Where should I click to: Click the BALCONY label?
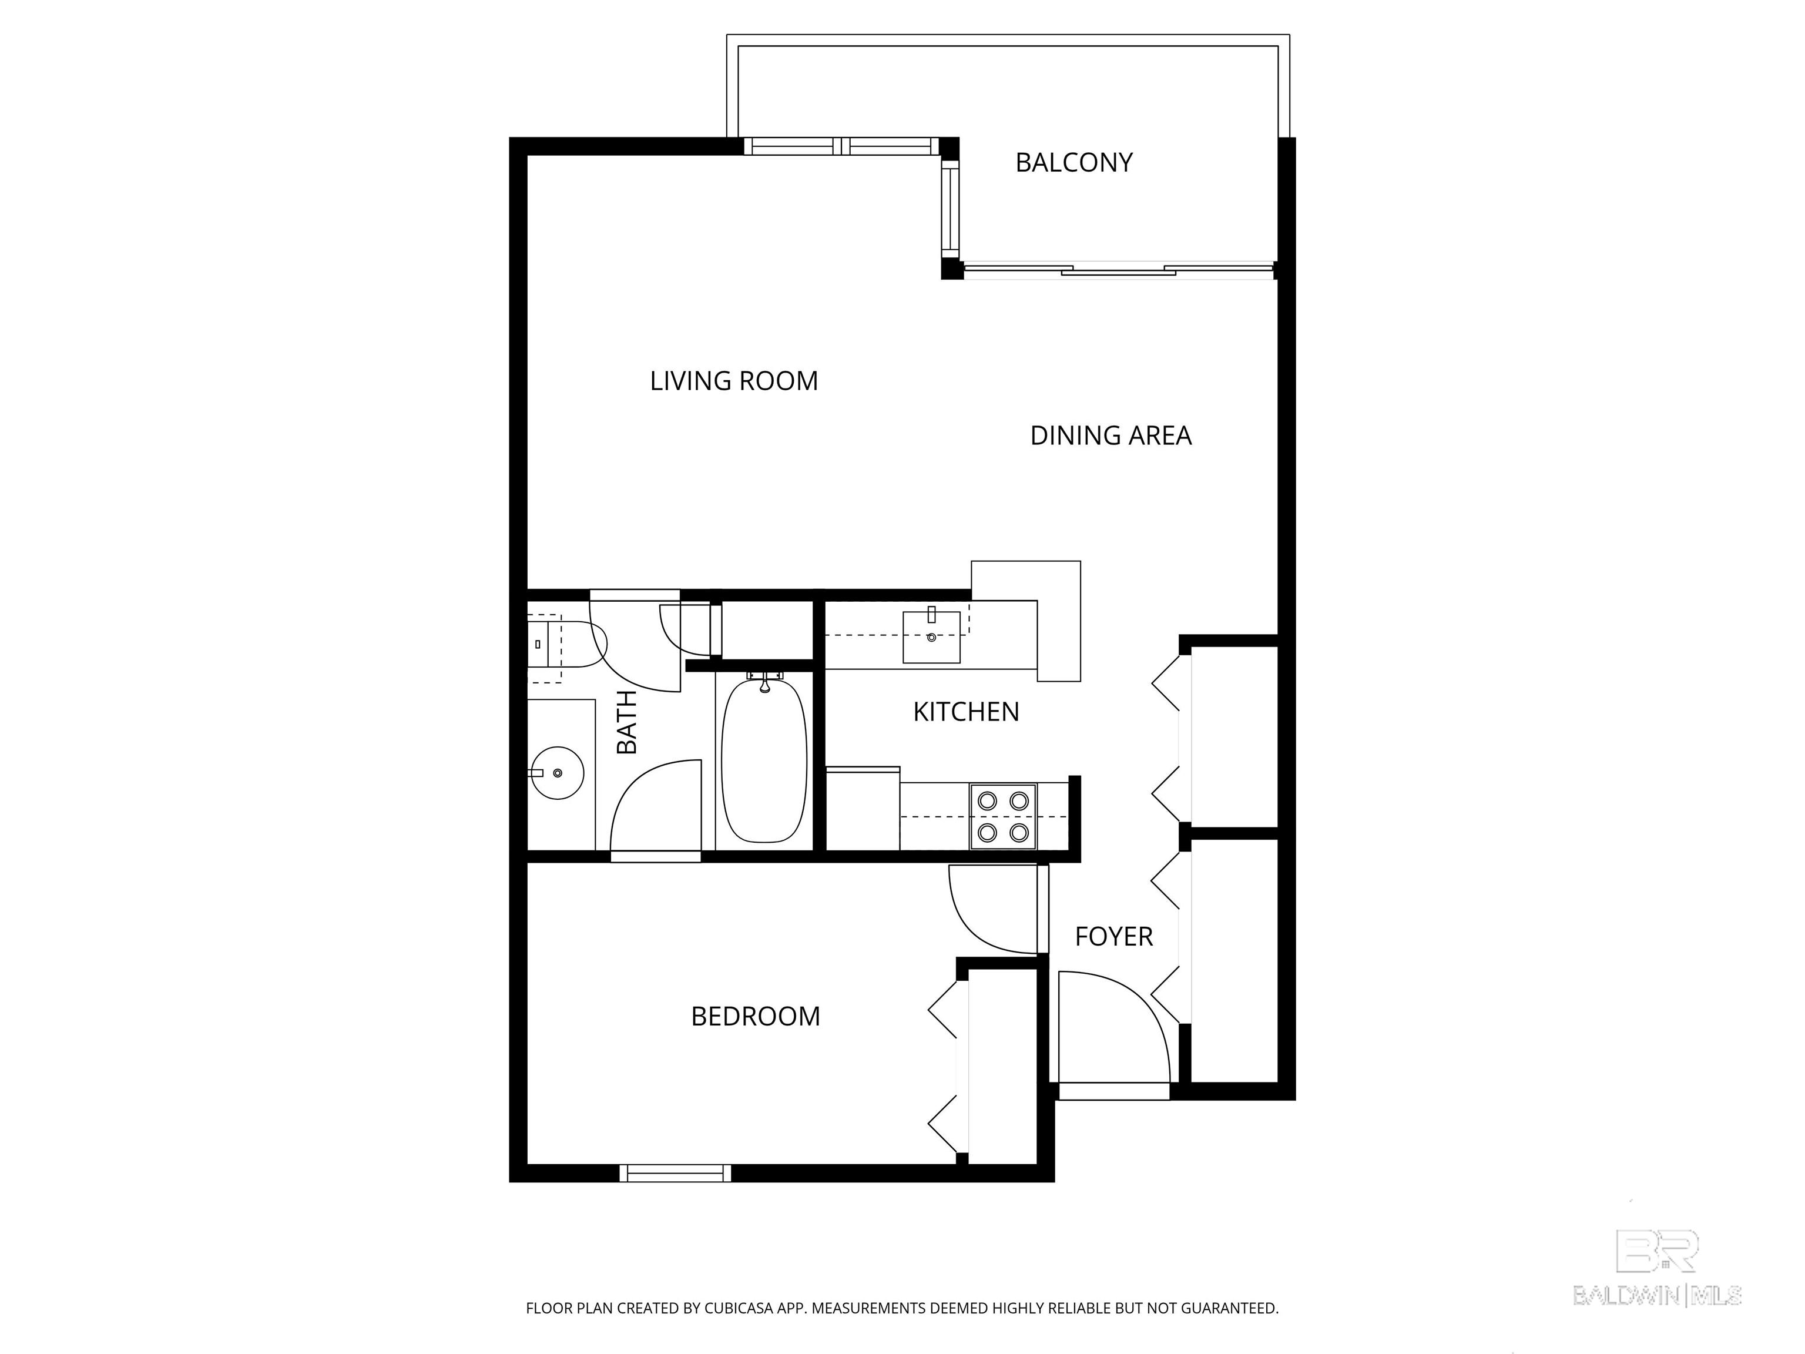tap(1074, 162)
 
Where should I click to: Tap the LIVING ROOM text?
tap(734, 381)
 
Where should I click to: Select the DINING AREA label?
tap(1110, 436)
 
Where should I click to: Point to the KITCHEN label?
tap(966, 712)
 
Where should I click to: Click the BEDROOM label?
tap(756, 1016)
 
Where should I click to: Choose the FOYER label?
tap(1114, 936)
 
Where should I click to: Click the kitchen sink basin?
tap(931, 636)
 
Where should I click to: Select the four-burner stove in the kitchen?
tap(1003, 816)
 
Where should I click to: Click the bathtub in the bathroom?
tap(764, 759)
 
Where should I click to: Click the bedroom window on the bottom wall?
tap(676, 1173)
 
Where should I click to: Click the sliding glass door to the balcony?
tap(1118, 270)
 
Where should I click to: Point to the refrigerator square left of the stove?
tap(863, 808)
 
